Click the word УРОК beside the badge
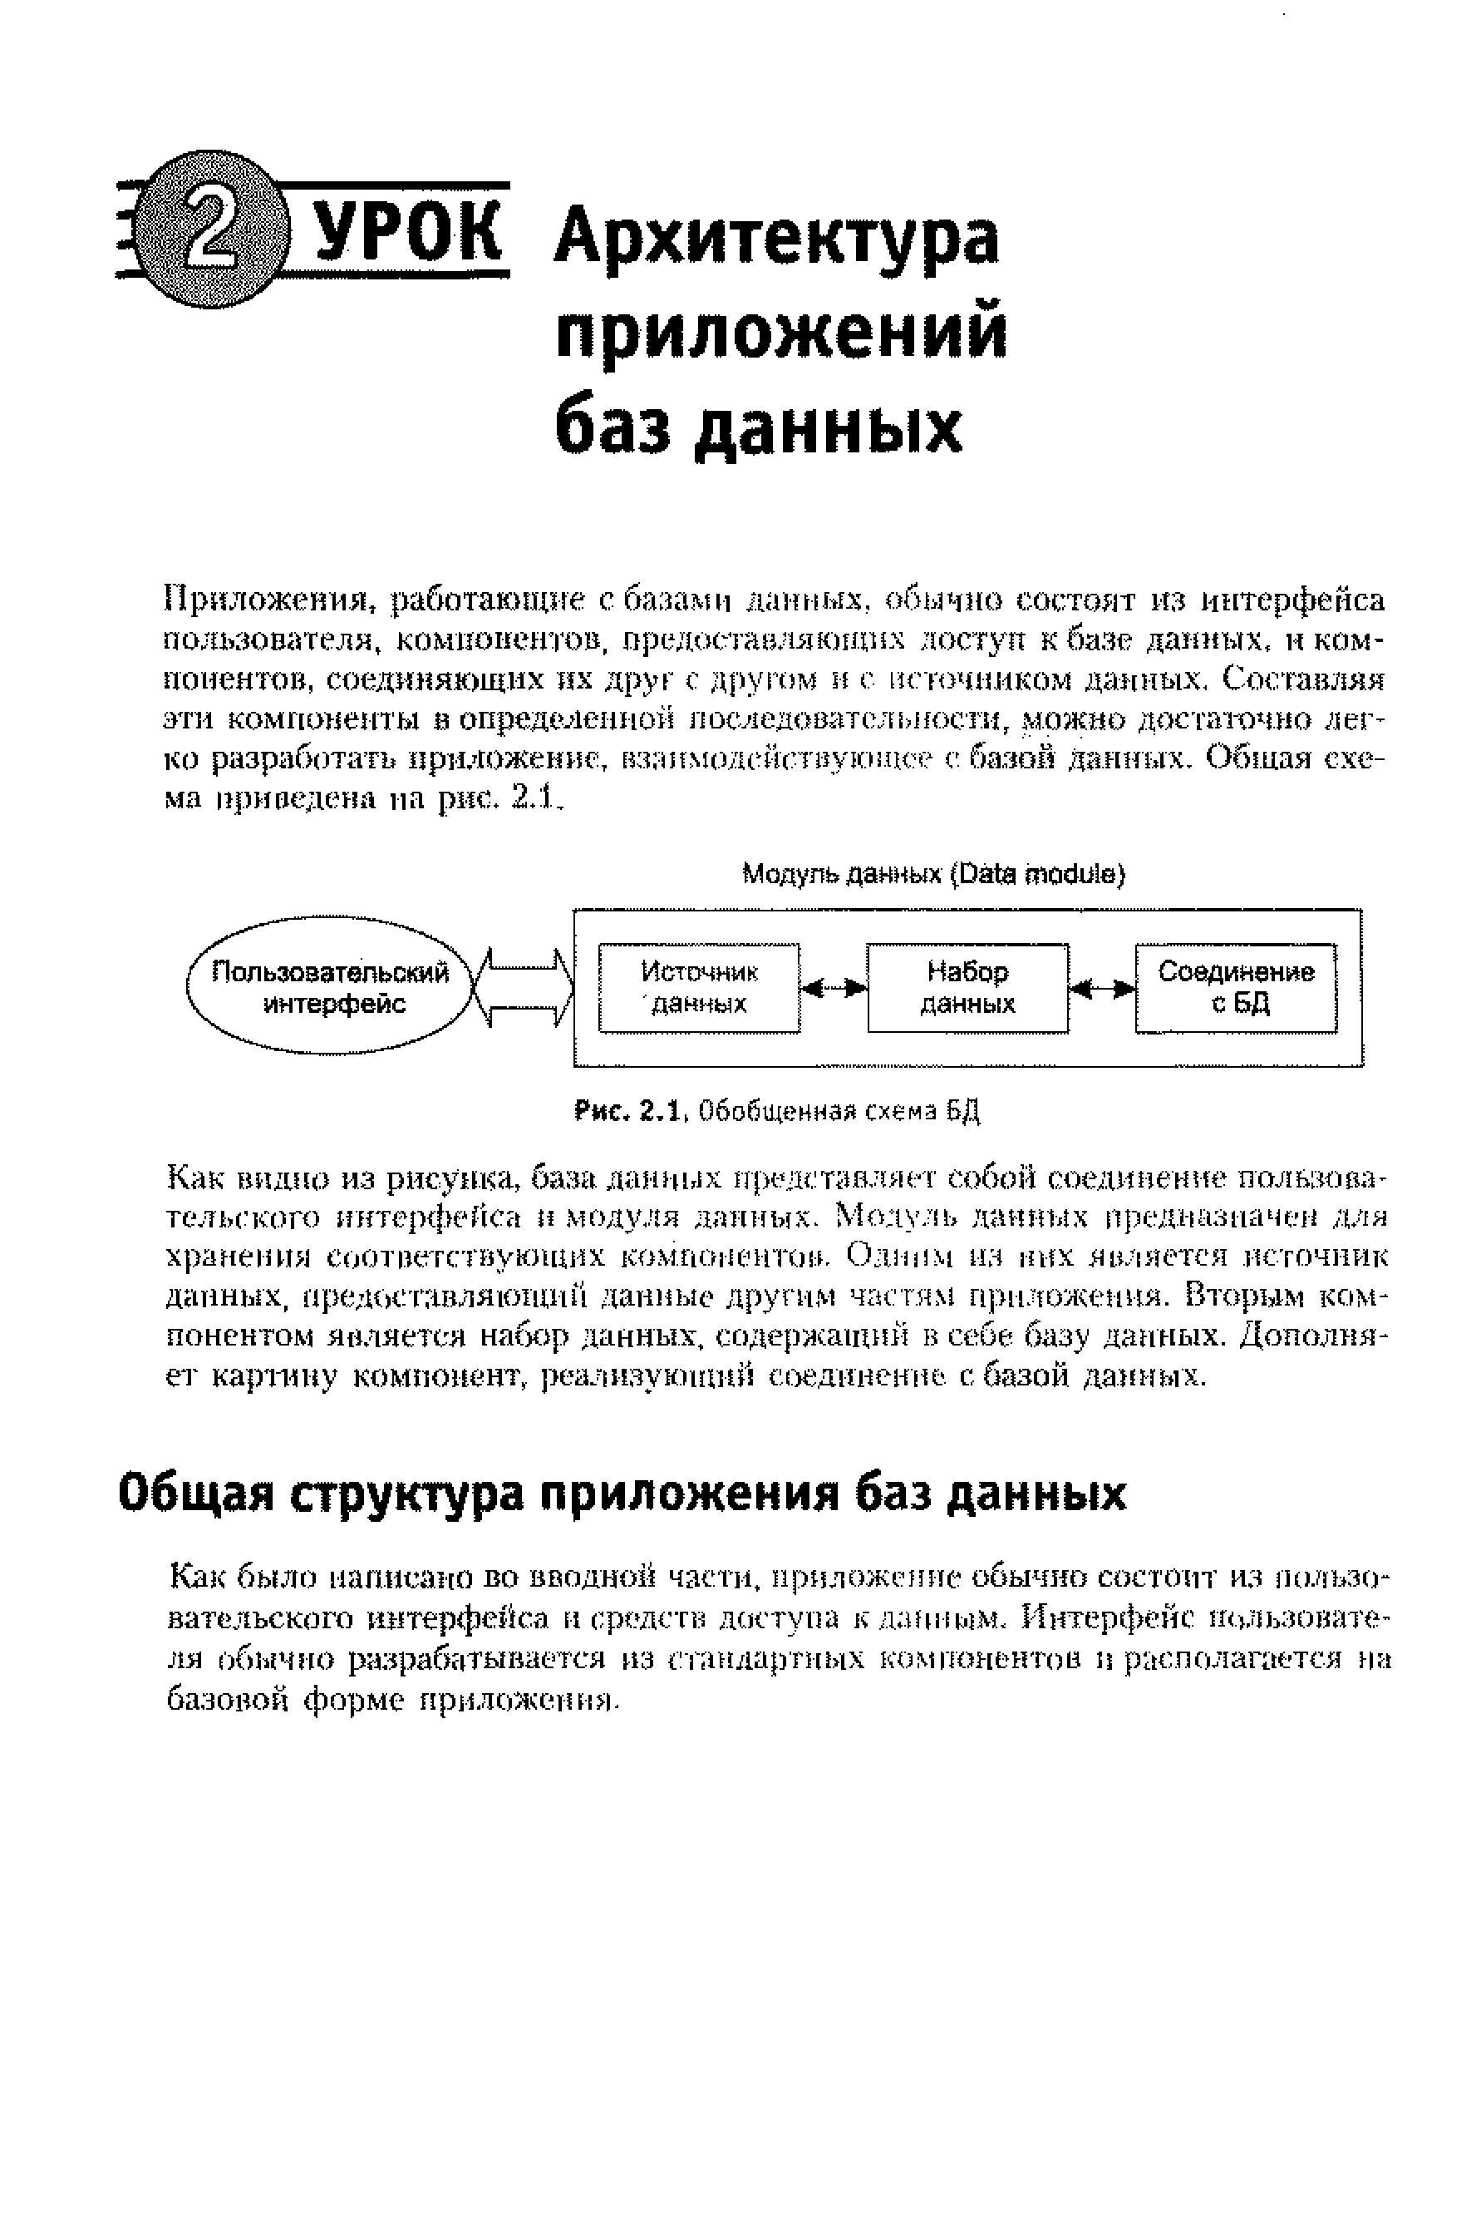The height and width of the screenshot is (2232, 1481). (x=406, y=230)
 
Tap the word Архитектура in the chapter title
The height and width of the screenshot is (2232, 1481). (x=776, y=239)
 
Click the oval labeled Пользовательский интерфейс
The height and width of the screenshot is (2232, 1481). (x=331, y=987)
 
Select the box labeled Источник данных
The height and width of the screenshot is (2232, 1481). (x=699, y=987)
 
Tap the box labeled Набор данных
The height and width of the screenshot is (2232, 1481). (x=967, y=987)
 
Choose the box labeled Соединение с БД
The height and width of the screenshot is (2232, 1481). (x=1236, y=987)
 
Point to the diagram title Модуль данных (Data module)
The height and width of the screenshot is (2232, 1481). (x=933, y=875)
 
